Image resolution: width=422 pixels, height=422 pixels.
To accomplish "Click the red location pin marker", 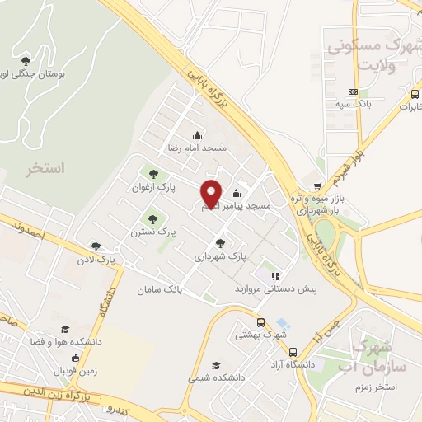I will (x=212, y=194).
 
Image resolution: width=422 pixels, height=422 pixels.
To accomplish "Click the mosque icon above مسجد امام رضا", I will (x=197, y=135).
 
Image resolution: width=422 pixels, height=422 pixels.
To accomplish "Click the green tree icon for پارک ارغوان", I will (x=152, y=173).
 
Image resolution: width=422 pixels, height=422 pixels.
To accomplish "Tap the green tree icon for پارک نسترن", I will (x=152, y=219).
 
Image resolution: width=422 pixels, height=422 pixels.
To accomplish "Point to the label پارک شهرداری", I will (x=220, y=256).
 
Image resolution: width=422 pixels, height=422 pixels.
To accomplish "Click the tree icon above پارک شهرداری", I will (x=220, y=243).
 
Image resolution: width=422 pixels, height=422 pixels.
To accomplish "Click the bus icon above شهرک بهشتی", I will (x=260, y=323).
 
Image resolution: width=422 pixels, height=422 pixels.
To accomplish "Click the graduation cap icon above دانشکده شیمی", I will (x=216, y=364).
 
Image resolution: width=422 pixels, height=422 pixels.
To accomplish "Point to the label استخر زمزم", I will (x=396, y=386).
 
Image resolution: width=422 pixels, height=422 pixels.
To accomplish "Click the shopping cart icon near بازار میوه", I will (x=319, y=185).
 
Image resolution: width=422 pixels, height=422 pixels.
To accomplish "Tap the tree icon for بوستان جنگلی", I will (x=26, y=61).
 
